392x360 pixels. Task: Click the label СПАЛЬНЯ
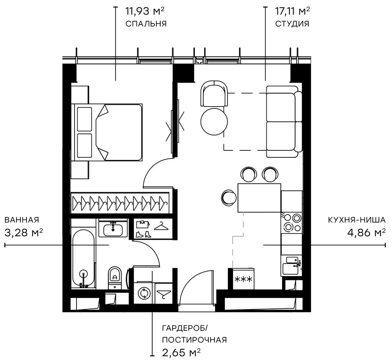146,23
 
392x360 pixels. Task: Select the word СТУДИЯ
292,23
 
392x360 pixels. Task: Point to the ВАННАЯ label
22,220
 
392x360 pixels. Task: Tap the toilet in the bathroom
115,276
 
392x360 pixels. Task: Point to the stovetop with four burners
291,222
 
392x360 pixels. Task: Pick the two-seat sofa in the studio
283,122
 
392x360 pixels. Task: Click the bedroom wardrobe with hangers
120,203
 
